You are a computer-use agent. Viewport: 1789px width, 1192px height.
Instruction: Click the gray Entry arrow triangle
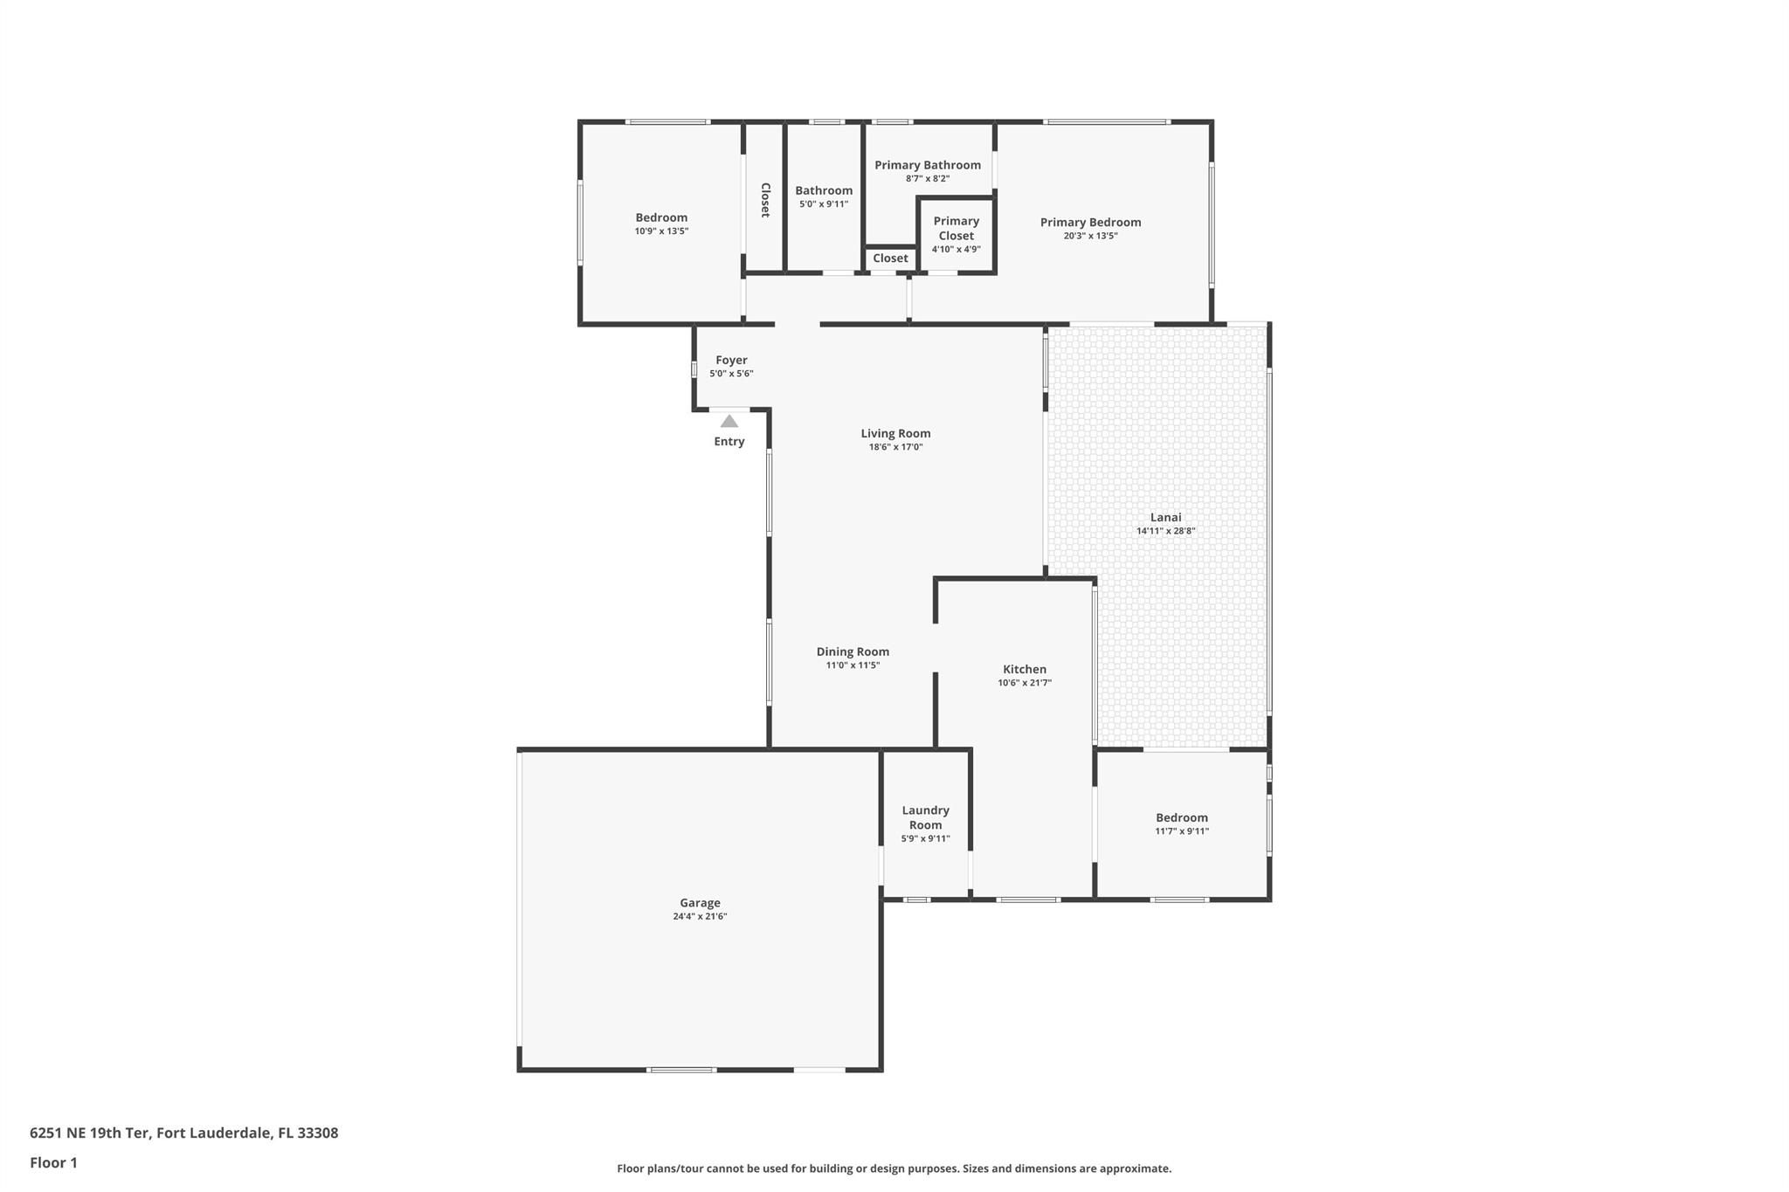click(729, 422)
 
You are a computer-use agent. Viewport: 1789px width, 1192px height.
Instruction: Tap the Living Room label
click(895, 433)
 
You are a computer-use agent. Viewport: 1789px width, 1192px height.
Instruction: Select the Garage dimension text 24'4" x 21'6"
click(700, 917)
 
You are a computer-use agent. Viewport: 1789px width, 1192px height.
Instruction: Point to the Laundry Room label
click(925, 817)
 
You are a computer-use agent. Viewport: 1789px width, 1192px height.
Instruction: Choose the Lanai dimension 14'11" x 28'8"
click(1165, 531)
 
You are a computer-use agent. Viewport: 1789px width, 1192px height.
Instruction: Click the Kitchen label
click(1024, 669)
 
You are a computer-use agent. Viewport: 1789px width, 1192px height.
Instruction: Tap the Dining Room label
click(853, 651)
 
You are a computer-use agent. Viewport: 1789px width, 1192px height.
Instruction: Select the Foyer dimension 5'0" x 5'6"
click(731, 374)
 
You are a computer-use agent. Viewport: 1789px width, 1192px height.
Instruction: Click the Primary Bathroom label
click(927, 165)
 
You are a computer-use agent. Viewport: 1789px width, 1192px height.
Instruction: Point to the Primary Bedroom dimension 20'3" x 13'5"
click(1090, 236)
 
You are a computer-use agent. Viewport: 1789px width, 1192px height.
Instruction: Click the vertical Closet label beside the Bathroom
click(764, 200)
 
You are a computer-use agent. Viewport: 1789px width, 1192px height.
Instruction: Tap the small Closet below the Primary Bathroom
click(890, 258)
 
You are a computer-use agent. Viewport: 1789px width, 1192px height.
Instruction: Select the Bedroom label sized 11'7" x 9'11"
click(1181, 817)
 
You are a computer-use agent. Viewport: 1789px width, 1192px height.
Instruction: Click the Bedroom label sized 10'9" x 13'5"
click(661, 217)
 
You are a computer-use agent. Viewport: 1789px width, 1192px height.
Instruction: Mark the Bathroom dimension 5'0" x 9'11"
click(823, 204)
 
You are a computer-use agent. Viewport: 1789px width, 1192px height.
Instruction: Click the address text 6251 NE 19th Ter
click(91, 1133)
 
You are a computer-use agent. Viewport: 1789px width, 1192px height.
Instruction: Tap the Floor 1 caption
click(53, 1163)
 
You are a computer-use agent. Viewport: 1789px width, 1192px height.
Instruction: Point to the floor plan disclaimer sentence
click(894, 1168)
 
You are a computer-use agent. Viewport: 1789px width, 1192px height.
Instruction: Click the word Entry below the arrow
click(729, 442)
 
